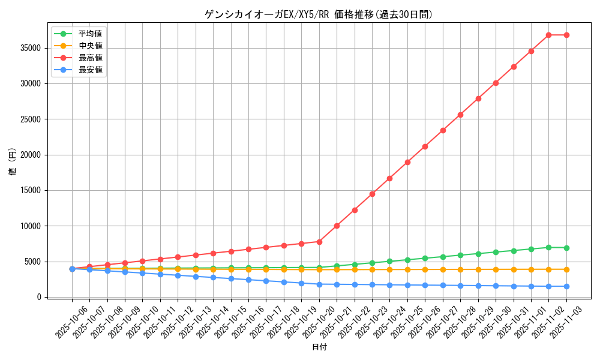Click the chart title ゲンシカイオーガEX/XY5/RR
319,14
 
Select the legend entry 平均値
90,34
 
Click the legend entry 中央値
90,46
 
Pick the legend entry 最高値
90,58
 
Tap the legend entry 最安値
90,70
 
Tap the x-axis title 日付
319,347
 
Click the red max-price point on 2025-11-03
566,35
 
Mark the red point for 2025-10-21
337,226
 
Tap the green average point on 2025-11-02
548,247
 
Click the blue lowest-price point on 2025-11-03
566,286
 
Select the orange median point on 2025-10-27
443,269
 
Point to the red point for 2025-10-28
460,115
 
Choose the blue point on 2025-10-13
196,277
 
